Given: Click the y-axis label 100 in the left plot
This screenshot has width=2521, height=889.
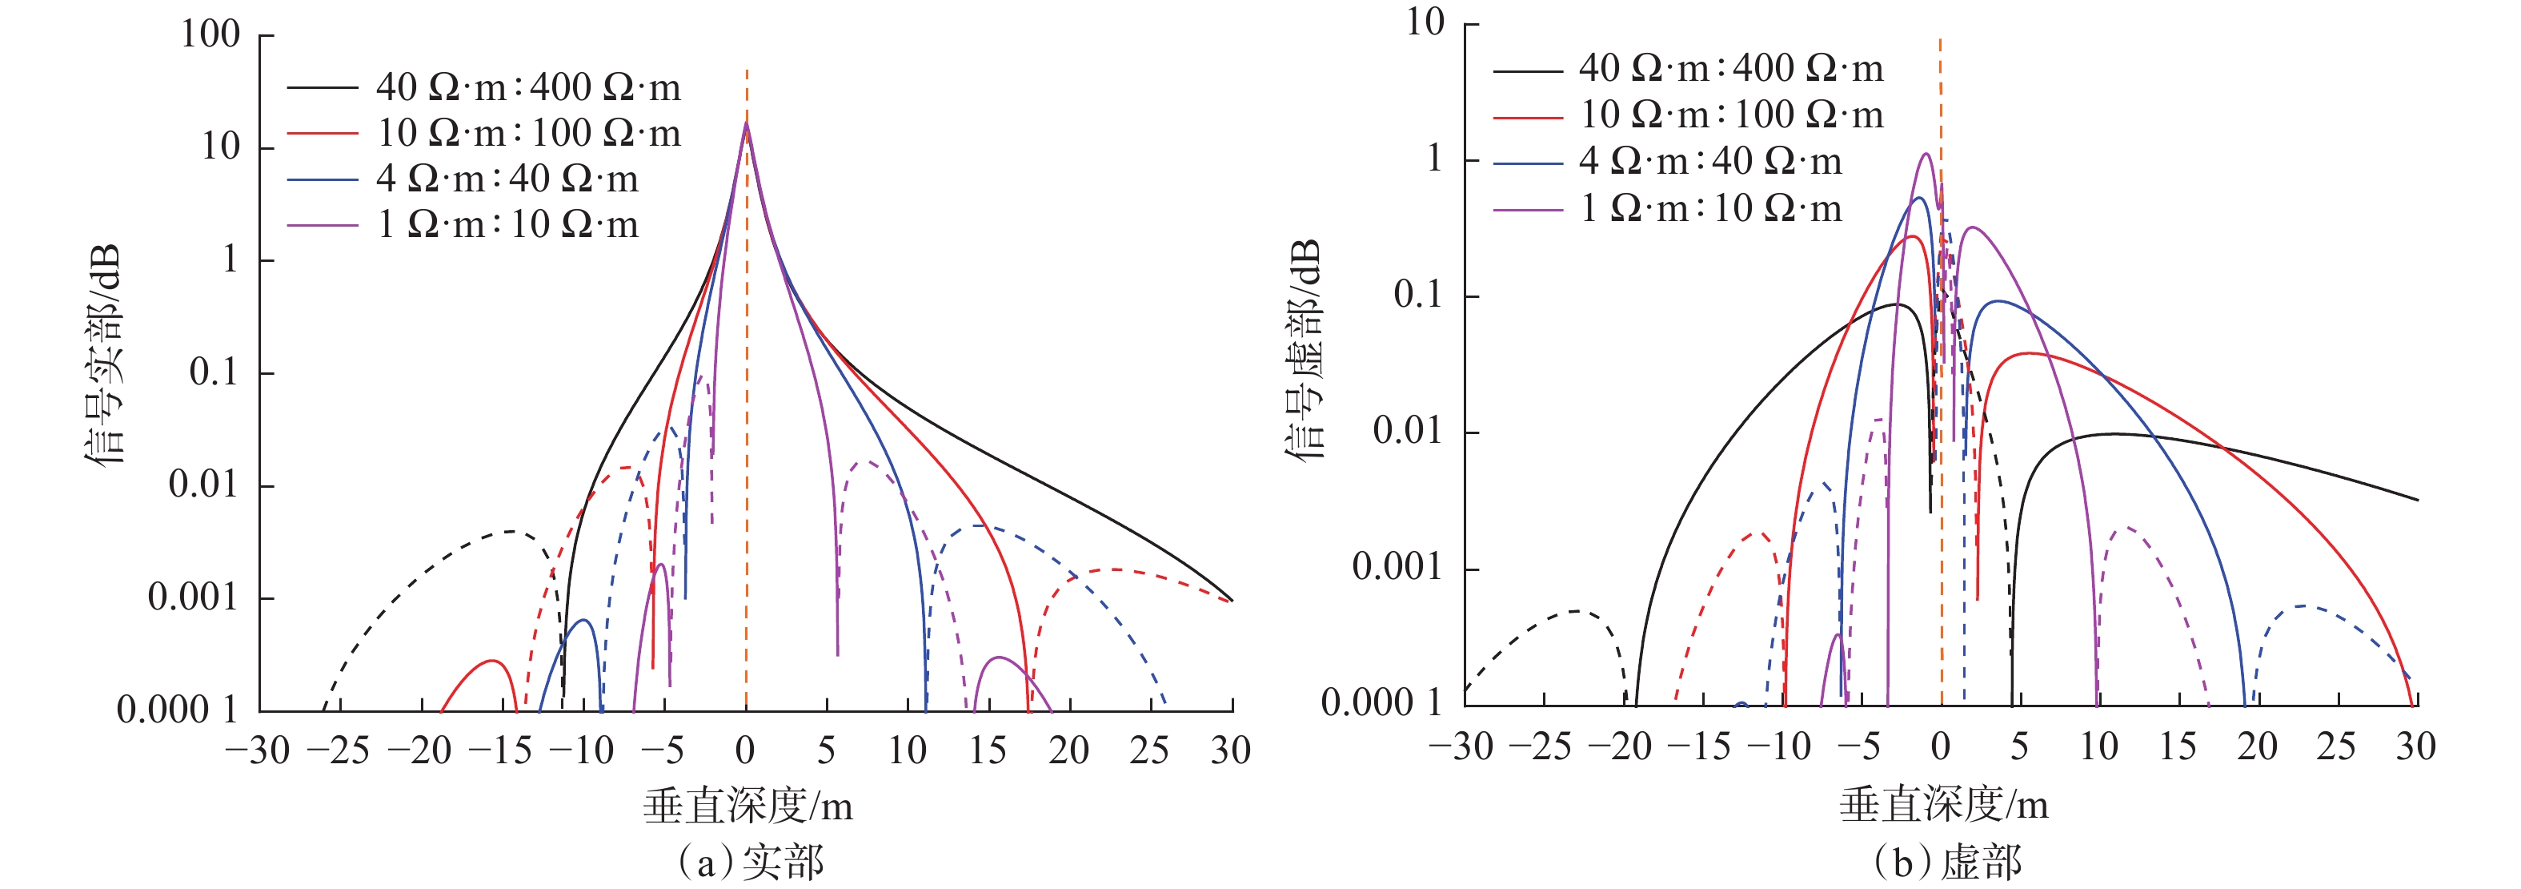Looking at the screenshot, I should point(210,34).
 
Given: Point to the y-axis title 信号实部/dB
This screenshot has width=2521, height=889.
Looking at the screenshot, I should point(105,355).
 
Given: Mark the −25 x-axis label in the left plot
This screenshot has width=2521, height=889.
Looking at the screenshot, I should point(338,751).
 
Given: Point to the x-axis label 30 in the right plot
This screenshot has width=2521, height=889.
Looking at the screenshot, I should point(2415,747).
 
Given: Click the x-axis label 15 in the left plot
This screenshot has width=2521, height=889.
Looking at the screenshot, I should point(988,751).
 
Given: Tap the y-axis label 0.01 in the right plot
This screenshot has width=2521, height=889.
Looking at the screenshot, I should point(1407,431).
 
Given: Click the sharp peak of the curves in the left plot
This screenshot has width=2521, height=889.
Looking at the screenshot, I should point(747,123).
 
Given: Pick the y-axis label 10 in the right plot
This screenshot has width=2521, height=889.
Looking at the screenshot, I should point(1425,22).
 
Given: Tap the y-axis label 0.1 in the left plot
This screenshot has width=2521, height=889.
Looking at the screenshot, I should point(214,373).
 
